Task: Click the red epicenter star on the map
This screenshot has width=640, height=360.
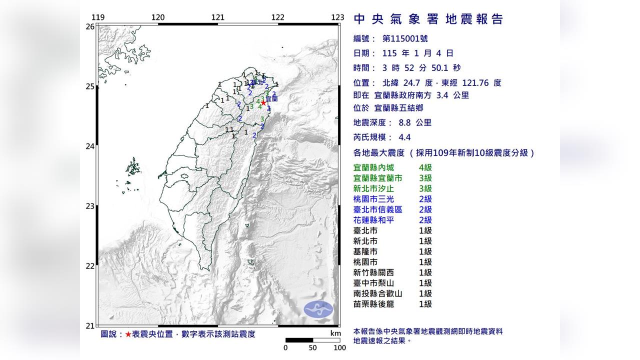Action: (x=263, y=102)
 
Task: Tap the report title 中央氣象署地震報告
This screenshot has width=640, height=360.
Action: (x=428, y=19)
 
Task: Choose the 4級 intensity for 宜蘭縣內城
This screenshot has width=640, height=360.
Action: (x=425, y=167)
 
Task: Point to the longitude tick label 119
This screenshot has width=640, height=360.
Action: (x=98, y=17)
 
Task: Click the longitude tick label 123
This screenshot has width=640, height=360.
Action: (x=337, y=17)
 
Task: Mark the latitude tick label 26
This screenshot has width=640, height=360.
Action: (x=90, y=26)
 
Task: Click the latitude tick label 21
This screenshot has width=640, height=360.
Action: (x=90, y=326)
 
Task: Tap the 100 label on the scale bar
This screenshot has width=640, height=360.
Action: (x=339, y=348)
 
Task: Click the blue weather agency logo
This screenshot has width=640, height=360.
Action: (x=318, y=309)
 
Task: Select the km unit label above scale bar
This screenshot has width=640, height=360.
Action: (x=335, y=333)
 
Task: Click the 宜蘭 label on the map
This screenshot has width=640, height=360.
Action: (x=271, y=99)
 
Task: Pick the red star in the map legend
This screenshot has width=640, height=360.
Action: (x=128, y=334)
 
